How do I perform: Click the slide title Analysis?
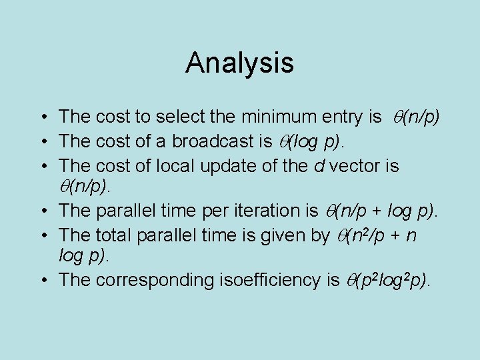(239, 63)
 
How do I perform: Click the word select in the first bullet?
(180, 117)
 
